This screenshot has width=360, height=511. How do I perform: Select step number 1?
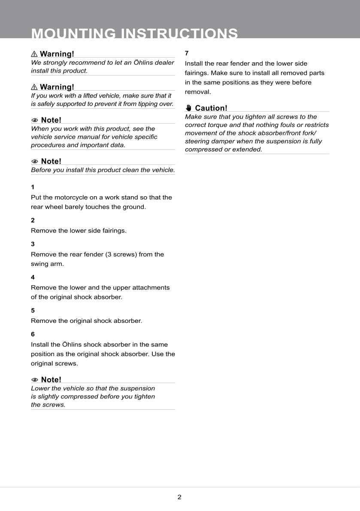click(33, 187)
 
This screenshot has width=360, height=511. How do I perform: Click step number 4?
click(33, 277)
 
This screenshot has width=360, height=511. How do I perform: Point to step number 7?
click(187, 53)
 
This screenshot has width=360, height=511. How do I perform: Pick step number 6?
click(33, 334)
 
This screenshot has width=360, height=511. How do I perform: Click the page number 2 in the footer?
click(179, 497)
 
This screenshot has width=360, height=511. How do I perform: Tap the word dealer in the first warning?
click(164, 63)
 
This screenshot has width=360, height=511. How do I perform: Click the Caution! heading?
click(211, 108)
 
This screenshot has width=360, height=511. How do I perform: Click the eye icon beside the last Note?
click(35, 380)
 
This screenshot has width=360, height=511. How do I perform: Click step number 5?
click(33, 310)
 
